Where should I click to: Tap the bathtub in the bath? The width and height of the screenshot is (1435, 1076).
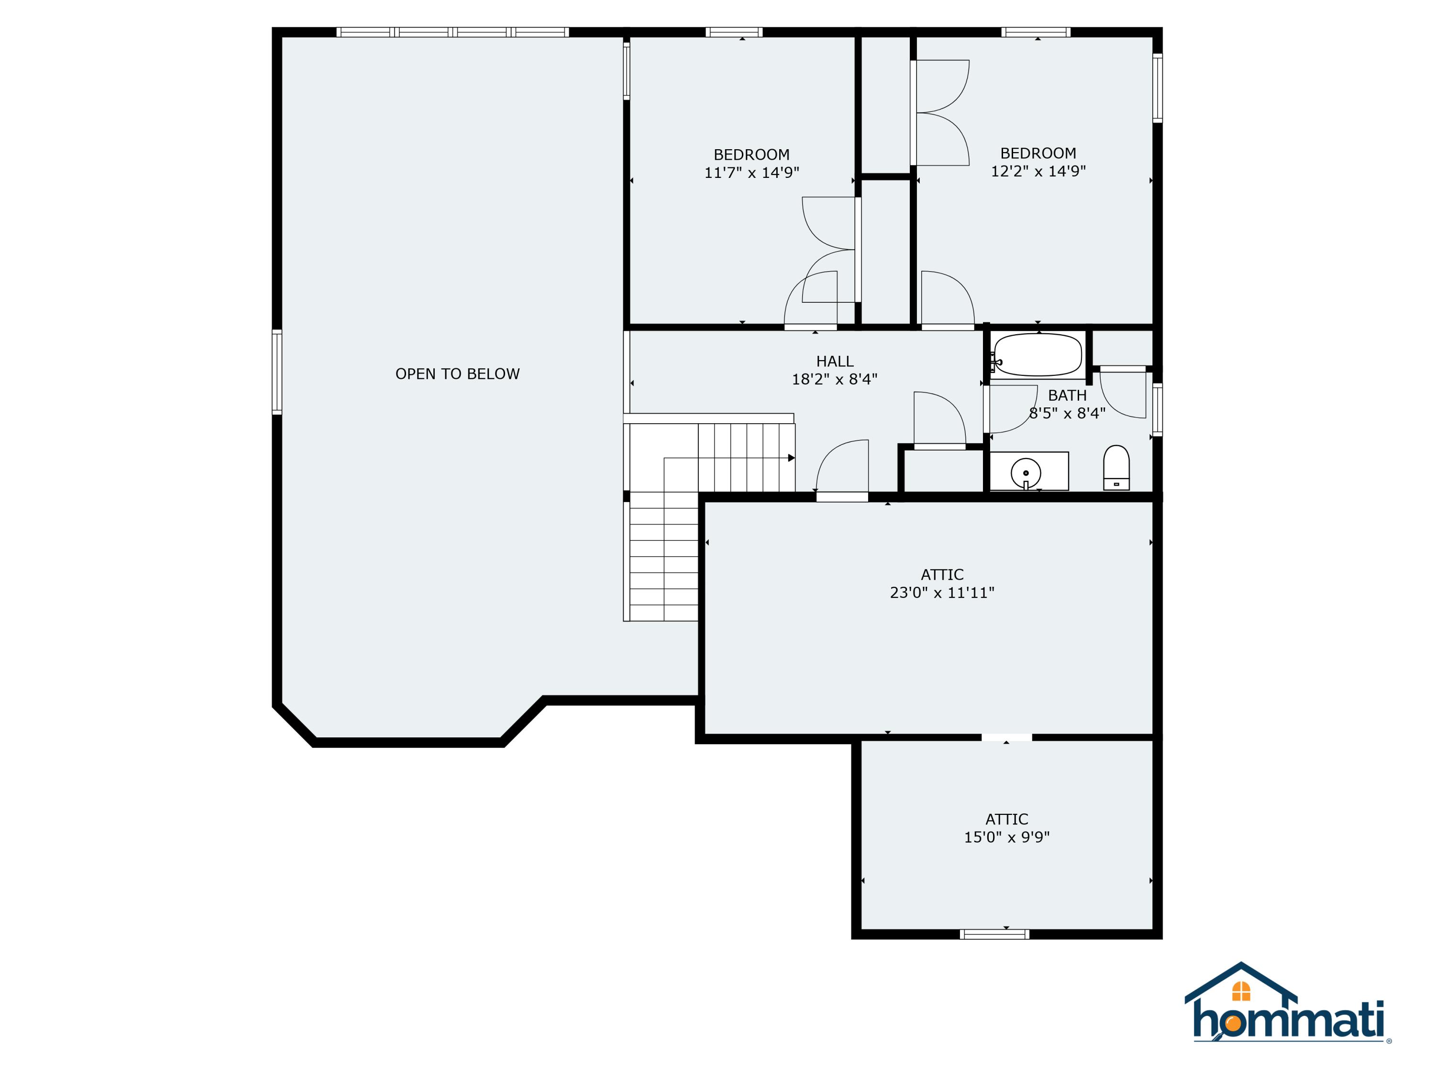1038,355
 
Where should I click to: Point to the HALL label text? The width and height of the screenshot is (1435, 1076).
834,361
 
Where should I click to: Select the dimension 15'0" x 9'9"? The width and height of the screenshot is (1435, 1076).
1006,837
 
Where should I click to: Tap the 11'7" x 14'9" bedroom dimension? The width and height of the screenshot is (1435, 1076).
751,173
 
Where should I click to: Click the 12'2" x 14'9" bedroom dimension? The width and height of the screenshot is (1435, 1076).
1038,171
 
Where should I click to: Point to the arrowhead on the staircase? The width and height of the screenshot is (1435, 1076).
791,458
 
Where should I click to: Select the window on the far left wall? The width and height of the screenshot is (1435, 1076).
277,372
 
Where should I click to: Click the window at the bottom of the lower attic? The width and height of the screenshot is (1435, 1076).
994,934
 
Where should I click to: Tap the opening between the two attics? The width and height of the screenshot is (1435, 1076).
1006,737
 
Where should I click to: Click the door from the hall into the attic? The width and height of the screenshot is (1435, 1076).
841,497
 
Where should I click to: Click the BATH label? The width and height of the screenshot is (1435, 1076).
1067,395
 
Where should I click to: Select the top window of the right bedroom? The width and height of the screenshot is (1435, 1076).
1036,32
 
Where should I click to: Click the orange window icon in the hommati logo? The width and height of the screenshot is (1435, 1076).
1240,991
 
